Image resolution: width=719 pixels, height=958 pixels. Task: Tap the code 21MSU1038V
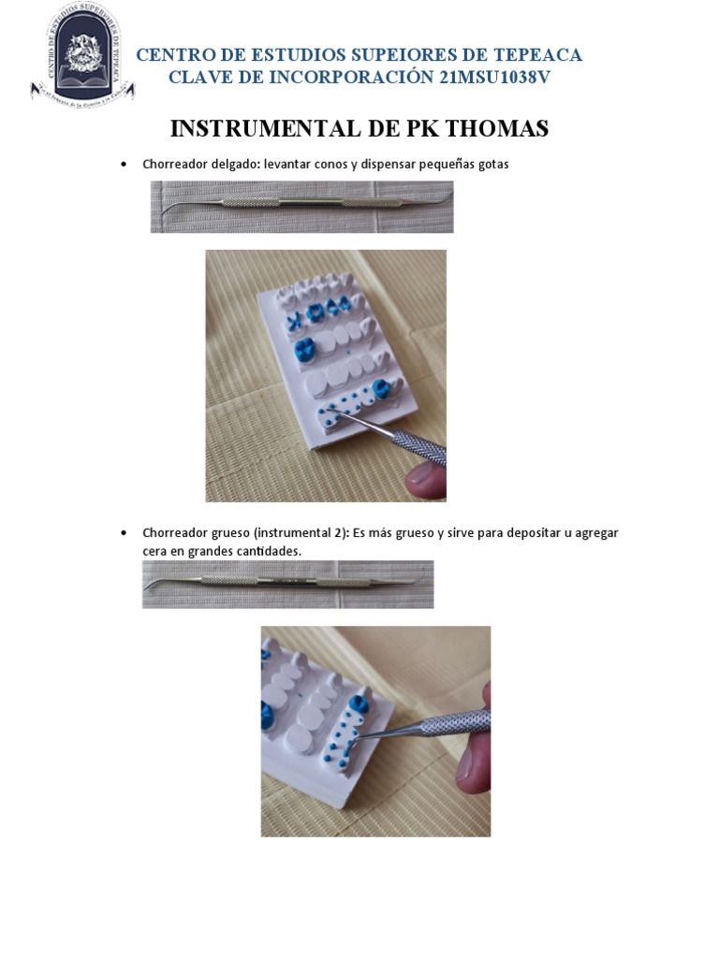coord(494,78)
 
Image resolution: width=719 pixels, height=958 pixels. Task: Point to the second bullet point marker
coord(125,533)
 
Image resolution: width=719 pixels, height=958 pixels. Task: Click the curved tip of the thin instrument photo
coord(165,210)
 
